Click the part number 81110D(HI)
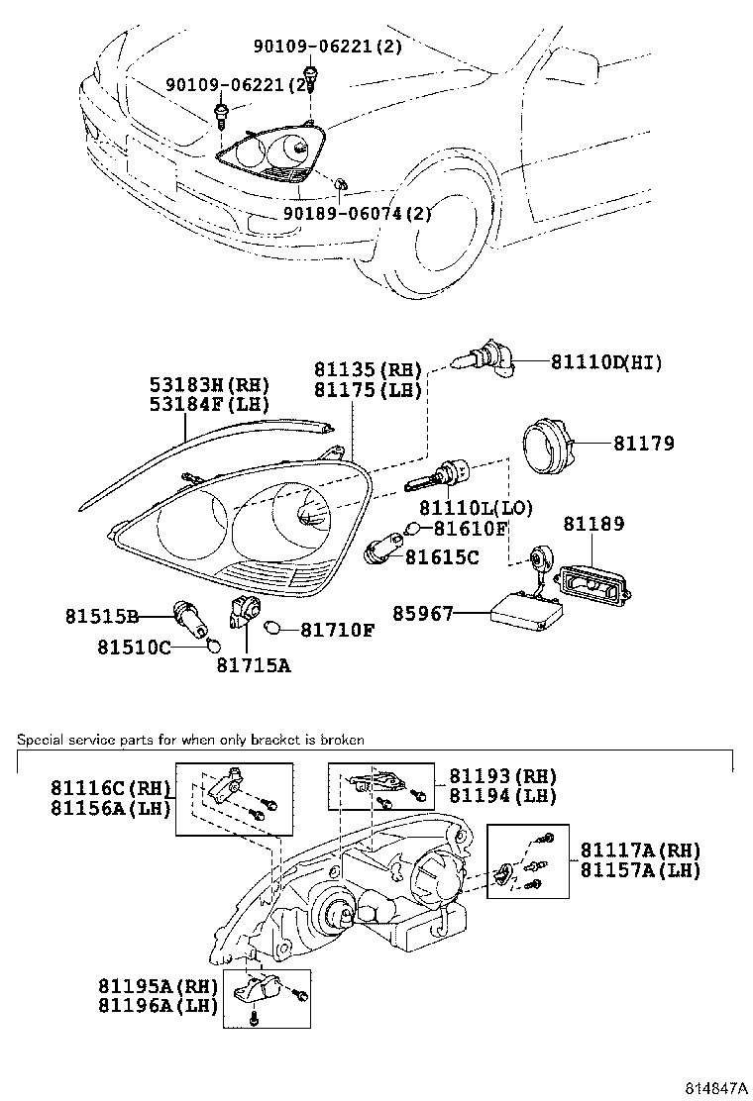tap(606, 363)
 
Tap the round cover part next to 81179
tap(548, 448)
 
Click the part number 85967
tap(423, 615)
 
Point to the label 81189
tap(594, 524)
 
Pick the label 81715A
tap(254, 665)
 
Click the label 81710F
tap(338, 630)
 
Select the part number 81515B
tap(102, 616)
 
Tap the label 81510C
tap(134, 648)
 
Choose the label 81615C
tap(442, 557)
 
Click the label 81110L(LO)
tap(476, 508)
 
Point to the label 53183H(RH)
tap(209, 384)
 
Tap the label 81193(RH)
tap(502, 776)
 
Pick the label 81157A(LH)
tap(640, 870)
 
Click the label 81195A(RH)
tap(158, 985)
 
